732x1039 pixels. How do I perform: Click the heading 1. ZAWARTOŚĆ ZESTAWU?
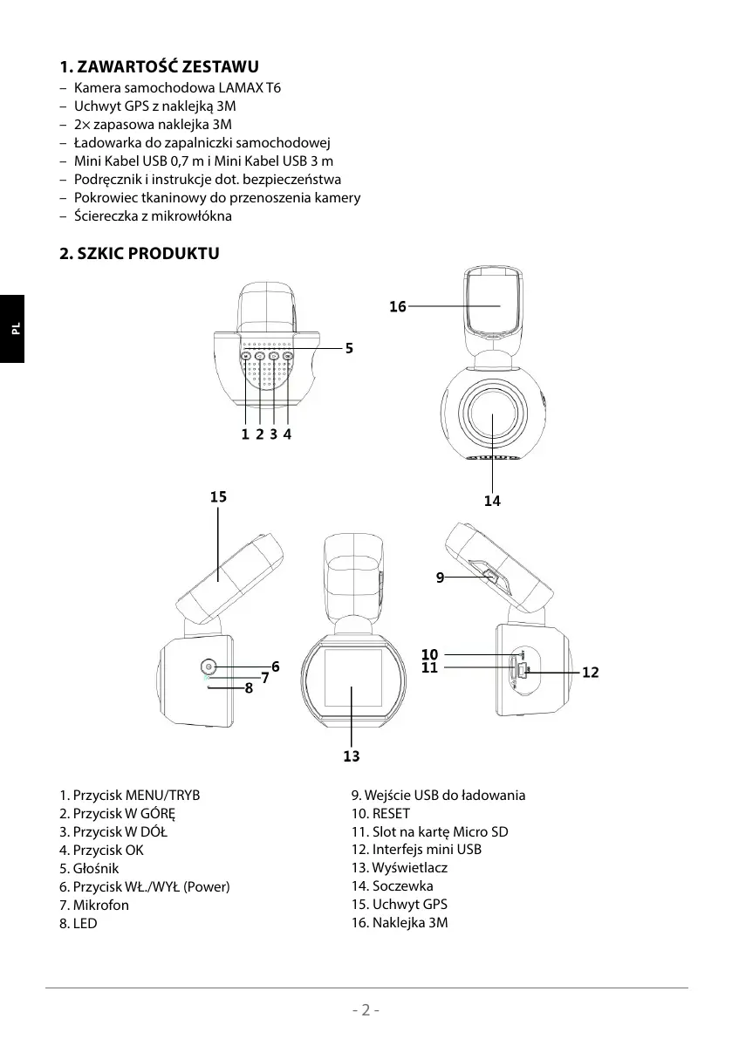[159, 67]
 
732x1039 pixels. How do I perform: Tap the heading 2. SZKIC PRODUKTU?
[139, 254]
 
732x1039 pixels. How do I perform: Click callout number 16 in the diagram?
[398, 307]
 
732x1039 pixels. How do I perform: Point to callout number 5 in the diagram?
[349, 347]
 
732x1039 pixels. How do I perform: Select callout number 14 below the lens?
[493, 501]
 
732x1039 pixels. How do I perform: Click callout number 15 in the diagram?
[218, 496]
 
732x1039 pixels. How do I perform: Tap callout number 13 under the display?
[352, 756]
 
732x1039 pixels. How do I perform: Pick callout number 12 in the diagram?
[591, 673]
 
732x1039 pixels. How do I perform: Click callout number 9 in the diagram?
[441, 577]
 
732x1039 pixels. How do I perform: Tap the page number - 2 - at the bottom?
[366, 1010]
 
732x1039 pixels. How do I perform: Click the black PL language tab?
[12, 329]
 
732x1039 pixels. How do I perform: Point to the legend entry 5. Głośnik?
[89, 868]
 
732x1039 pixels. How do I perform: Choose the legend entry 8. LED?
[79, 922]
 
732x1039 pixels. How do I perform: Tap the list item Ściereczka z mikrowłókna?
[153, 215]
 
